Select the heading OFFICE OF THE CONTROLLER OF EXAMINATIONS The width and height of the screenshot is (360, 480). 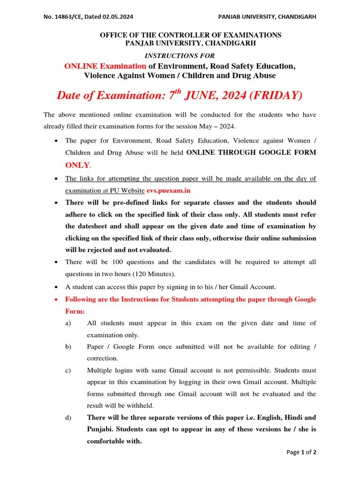190,35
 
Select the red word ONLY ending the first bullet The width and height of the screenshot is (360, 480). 77,165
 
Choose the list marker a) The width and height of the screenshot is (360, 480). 68,323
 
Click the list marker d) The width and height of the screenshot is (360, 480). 68,417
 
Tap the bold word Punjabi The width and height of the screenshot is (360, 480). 100,429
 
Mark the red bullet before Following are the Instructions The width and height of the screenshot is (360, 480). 56,299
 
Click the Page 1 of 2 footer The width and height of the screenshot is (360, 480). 301,452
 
